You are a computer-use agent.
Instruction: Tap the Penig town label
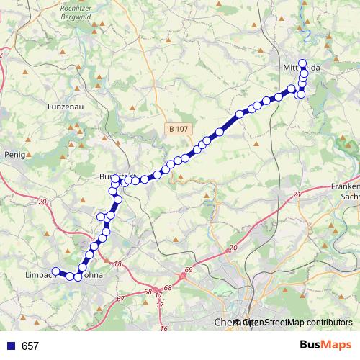[14, 154]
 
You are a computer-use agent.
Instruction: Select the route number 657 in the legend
[30, 346]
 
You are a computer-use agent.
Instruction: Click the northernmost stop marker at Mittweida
[302, 63]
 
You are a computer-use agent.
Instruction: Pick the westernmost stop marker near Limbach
[55, 271]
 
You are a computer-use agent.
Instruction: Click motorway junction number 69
[189, 271]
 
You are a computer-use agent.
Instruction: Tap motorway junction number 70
[233, 248]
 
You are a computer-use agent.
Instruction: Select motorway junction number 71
[297, 195]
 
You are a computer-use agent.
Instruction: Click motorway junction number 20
[42, 202]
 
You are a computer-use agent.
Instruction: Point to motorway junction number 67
[120, 298]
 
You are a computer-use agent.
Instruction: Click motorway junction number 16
[163, 329]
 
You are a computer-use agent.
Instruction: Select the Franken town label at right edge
[345, 186]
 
